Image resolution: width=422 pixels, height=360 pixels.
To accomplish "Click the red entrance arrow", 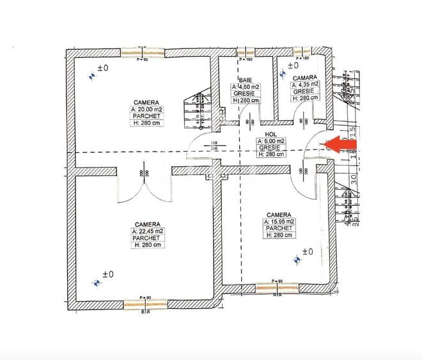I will pyautogui.click(x=341, y=145).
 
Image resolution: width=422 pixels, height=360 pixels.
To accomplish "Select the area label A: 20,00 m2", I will pyautogui.click(x=147, y=109).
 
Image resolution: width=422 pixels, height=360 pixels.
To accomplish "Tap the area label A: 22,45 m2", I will pyautogui.click(x=147, y=231).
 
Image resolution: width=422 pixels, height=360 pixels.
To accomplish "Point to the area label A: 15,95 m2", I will pyautogui.click(x=280, y=221).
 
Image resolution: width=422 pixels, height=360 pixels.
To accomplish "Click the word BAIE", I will pyautogui.click(x=246, y=79).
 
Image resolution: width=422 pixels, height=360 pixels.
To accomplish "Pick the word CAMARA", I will pyautogui.click(x=305, y=76).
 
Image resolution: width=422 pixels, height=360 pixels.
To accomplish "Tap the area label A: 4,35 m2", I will pyautogui.click(x=306, y=84).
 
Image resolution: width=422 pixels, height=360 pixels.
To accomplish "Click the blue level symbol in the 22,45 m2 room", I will pyautogui.click(x=97, y=281).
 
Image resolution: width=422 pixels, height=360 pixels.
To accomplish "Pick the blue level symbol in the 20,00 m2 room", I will pyautogui.click(x=93, y=75).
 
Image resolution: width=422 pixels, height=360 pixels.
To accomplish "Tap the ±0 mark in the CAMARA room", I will pyautogui.click(x=293, y=65).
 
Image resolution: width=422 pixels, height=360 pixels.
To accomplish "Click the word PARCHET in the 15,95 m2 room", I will pyautogui.click(x=280, y=228).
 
